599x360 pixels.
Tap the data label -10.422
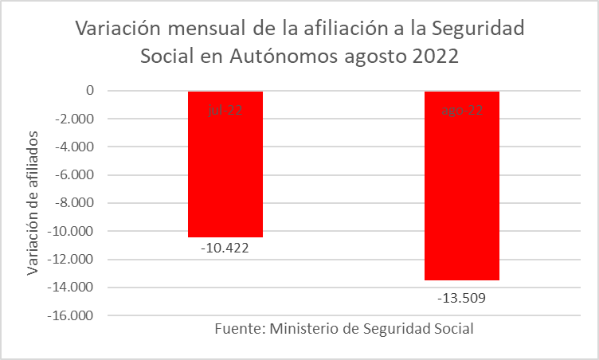[x=225, y=248]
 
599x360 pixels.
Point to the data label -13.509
[x=462, y=299]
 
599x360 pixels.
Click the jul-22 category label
[x=225, y=111]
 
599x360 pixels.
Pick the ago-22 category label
[x=462, y=111]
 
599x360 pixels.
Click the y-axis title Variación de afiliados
[x=33, y=203]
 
